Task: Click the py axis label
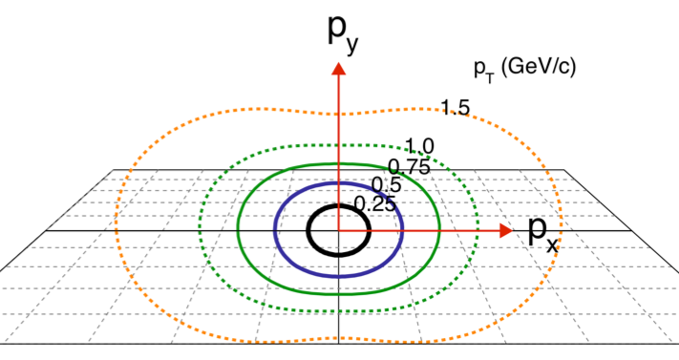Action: [340, 33]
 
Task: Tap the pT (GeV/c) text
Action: [524, 68]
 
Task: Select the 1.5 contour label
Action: [455, 108]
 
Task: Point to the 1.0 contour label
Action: [419, 146]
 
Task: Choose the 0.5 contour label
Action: [385, 184]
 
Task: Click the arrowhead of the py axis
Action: [337, 68]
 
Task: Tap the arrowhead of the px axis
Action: [505, 230]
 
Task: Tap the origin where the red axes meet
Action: [337, 230]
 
